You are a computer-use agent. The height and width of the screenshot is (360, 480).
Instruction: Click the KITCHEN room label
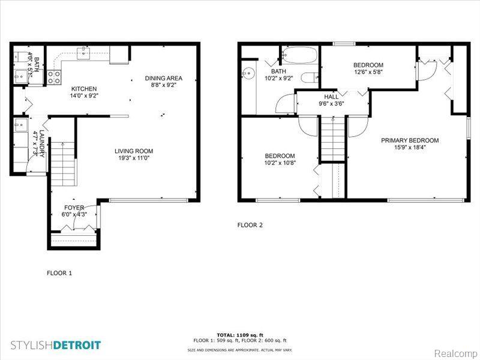tap(84, 89)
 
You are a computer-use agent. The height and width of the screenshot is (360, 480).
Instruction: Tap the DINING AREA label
tap(163, 78)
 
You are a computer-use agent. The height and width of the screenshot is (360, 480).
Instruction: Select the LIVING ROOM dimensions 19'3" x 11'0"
tap(134, 158)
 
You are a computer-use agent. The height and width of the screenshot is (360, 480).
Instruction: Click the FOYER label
tap(74, 208)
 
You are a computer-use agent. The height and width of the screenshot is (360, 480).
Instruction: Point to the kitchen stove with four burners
tap(54, 77)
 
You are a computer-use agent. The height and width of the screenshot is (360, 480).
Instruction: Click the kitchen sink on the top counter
tap(83, 53)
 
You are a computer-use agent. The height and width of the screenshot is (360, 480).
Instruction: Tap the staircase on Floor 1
tap(63, 164)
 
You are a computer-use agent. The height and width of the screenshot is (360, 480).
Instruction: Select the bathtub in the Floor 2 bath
tap(299, 55)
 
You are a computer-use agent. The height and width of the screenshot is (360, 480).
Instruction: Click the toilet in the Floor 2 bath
tap(309, 77)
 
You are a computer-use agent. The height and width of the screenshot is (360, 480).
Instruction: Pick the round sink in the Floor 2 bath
tap(248, 73)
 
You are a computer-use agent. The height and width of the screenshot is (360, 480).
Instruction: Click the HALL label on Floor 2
tap(331, 97)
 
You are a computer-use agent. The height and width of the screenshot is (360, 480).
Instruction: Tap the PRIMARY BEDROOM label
tap(410, 140)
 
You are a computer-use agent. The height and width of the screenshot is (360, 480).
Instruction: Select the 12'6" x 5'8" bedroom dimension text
tap(368, 72)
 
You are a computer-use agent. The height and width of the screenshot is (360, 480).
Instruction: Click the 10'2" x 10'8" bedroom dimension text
tap(280, 163)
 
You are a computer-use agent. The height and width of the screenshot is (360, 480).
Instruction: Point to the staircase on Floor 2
tap(333, 139)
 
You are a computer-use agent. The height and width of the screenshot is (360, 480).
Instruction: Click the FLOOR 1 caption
tap(59, 273)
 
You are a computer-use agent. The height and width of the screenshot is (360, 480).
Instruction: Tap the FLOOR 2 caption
tap(250, 225)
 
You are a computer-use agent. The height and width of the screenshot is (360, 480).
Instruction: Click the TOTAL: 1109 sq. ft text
tap(240, 335)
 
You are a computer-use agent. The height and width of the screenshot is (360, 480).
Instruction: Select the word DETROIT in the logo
tap(77, 346)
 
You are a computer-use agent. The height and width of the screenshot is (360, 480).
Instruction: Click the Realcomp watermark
tap(455, 353)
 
